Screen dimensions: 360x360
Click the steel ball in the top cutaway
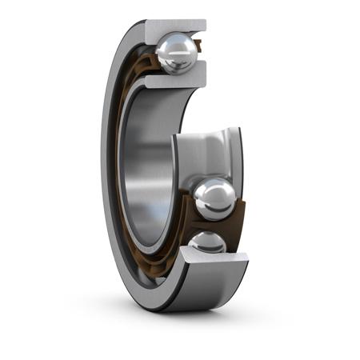(176, 53)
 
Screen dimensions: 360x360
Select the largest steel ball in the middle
(214, 198)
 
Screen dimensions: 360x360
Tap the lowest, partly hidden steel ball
(206, 242)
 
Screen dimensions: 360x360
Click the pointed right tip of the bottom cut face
(246, 257)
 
